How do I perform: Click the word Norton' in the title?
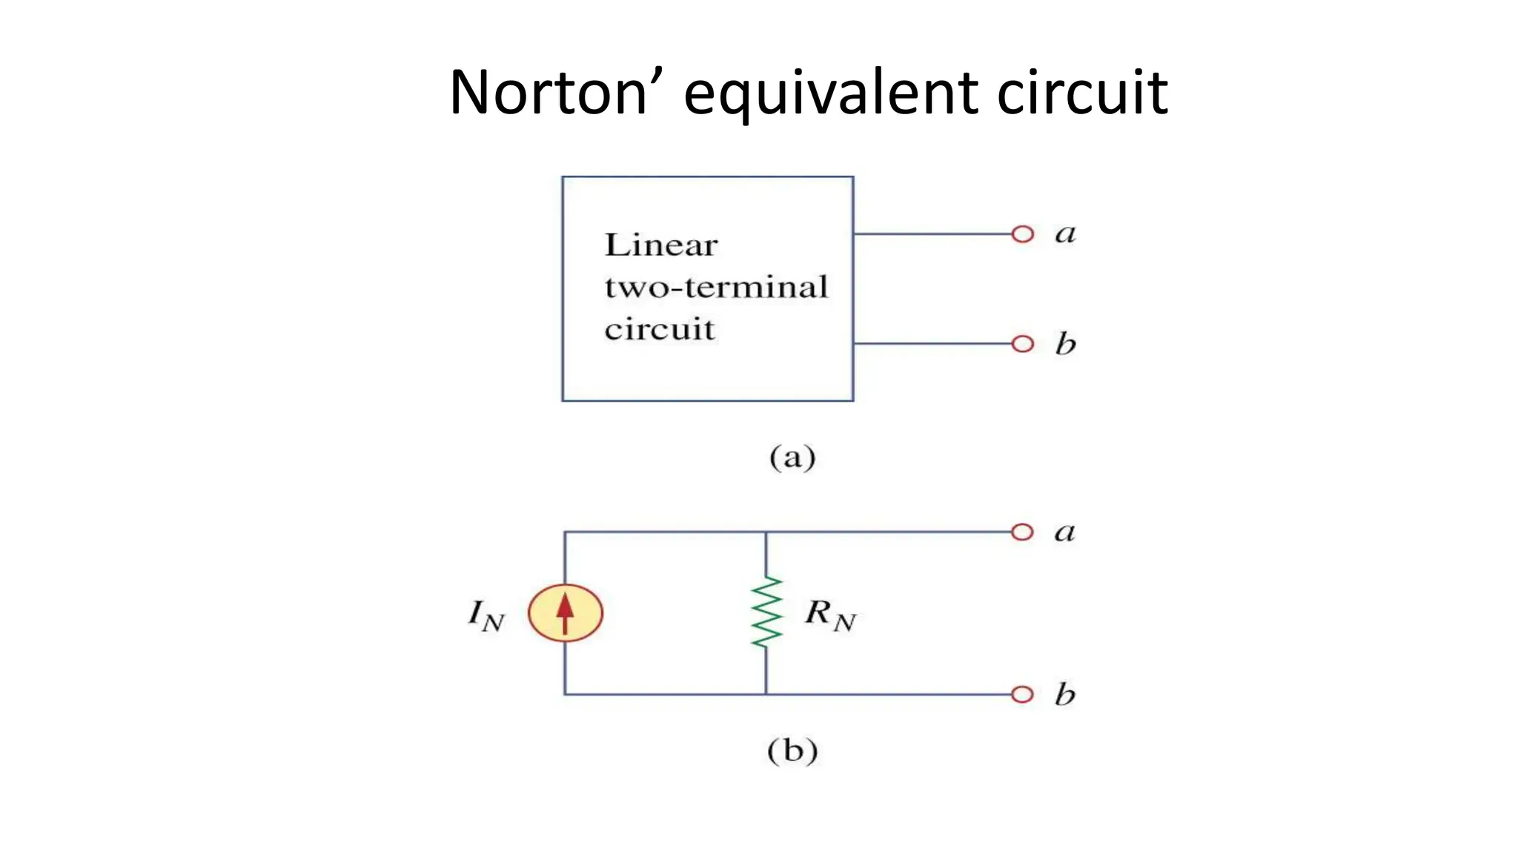pyautogui.click(x=548, y=93)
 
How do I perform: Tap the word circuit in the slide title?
pyautogui.click(x=1082, y=93)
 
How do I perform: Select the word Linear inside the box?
pyautogui.click(x=661, y=245)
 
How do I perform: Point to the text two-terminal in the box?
pyautogui.click(x=716, y=288)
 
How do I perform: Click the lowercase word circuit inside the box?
pyautogui.click(x=660, y=329)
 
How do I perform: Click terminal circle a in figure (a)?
pyautogui.click(x=1023, y=234)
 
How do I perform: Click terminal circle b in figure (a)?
pyautogui.click(x=1023, y=344)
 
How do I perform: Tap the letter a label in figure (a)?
pyautogui.click(x=1065, y=234)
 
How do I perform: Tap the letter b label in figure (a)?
pyautogui.click(x=1065, y=343)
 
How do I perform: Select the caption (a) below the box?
pyautogui.click(x=792, y=457)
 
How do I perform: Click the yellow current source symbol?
pyautogui.click(x=566, y=613)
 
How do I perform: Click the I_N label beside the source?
pyautogui.click(x=486, y=615)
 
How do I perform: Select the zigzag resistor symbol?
pyautogui.click(x=766, y=613)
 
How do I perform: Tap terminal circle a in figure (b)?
pyautogui.click(x=1022, y=532)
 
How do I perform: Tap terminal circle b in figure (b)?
pyautogui.click(x=1022, y=695)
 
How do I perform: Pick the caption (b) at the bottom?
pyautogui.click(x=792, y=751)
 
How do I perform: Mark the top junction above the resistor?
pyautogui.click(x=766, y=532)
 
